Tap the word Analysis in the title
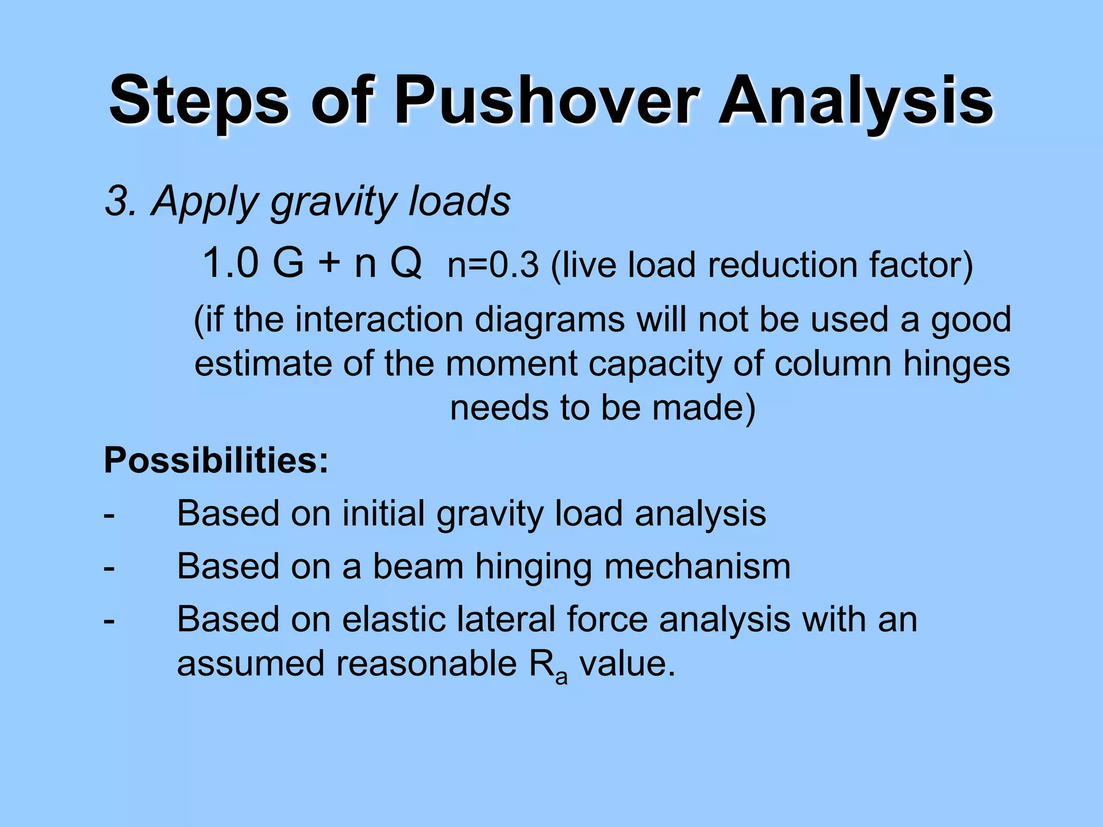point(856,101)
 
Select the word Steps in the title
point(199,101)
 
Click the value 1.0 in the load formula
point(230,263)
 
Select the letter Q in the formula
point(406,264)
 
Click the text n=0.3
point(493,265)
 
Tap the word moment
point(511,363)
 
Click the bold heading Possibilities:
point(216,461)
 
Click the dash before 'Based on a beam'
point(109,567)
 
